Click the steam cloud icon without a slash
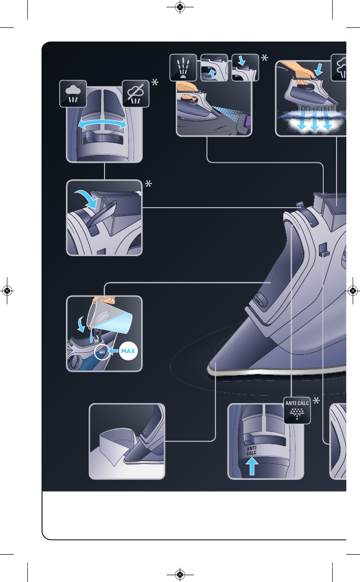[73, 93]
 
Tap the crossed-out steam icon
[135, 93]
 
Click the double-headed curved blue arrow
[104, 125]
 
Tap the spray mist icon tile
[183, 67]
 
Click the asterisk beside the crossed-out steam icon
[155, 84]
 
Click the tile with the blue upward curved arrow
[214, 67]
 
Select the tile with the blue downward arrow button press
[245, 67]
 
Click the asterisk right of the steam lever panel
[148, 184]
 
